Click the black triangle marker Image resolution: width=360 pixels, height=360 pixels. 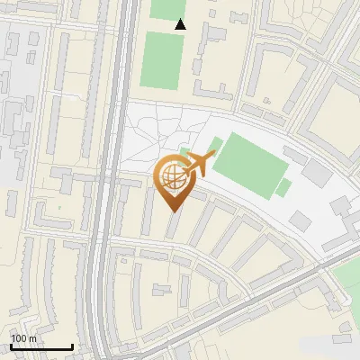(180, 24)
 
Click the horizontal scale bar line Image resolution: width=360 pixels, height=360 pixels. (41, 346)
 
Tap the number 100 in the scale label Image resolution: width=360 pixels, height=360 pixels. (19, 338)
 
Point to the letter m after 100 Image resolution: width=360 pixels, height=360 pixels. (32, 338)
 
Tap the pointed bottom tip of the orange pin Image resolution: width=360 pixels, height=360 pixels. (174, 212)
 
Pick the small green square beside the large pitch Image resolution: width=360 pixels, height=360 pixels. (283, 187)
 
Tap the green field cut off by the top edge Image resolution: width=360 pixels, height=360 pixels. (166, 8)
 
